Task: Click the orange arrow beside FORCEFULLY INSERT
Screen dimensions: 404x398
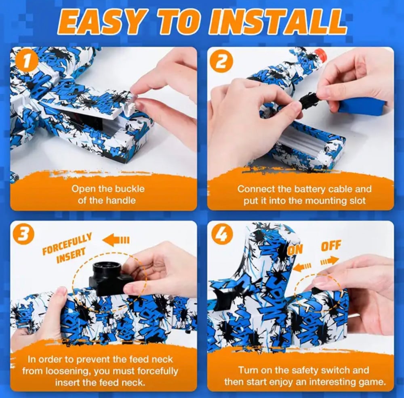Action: pyautogui.click(x=116, y=240)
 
